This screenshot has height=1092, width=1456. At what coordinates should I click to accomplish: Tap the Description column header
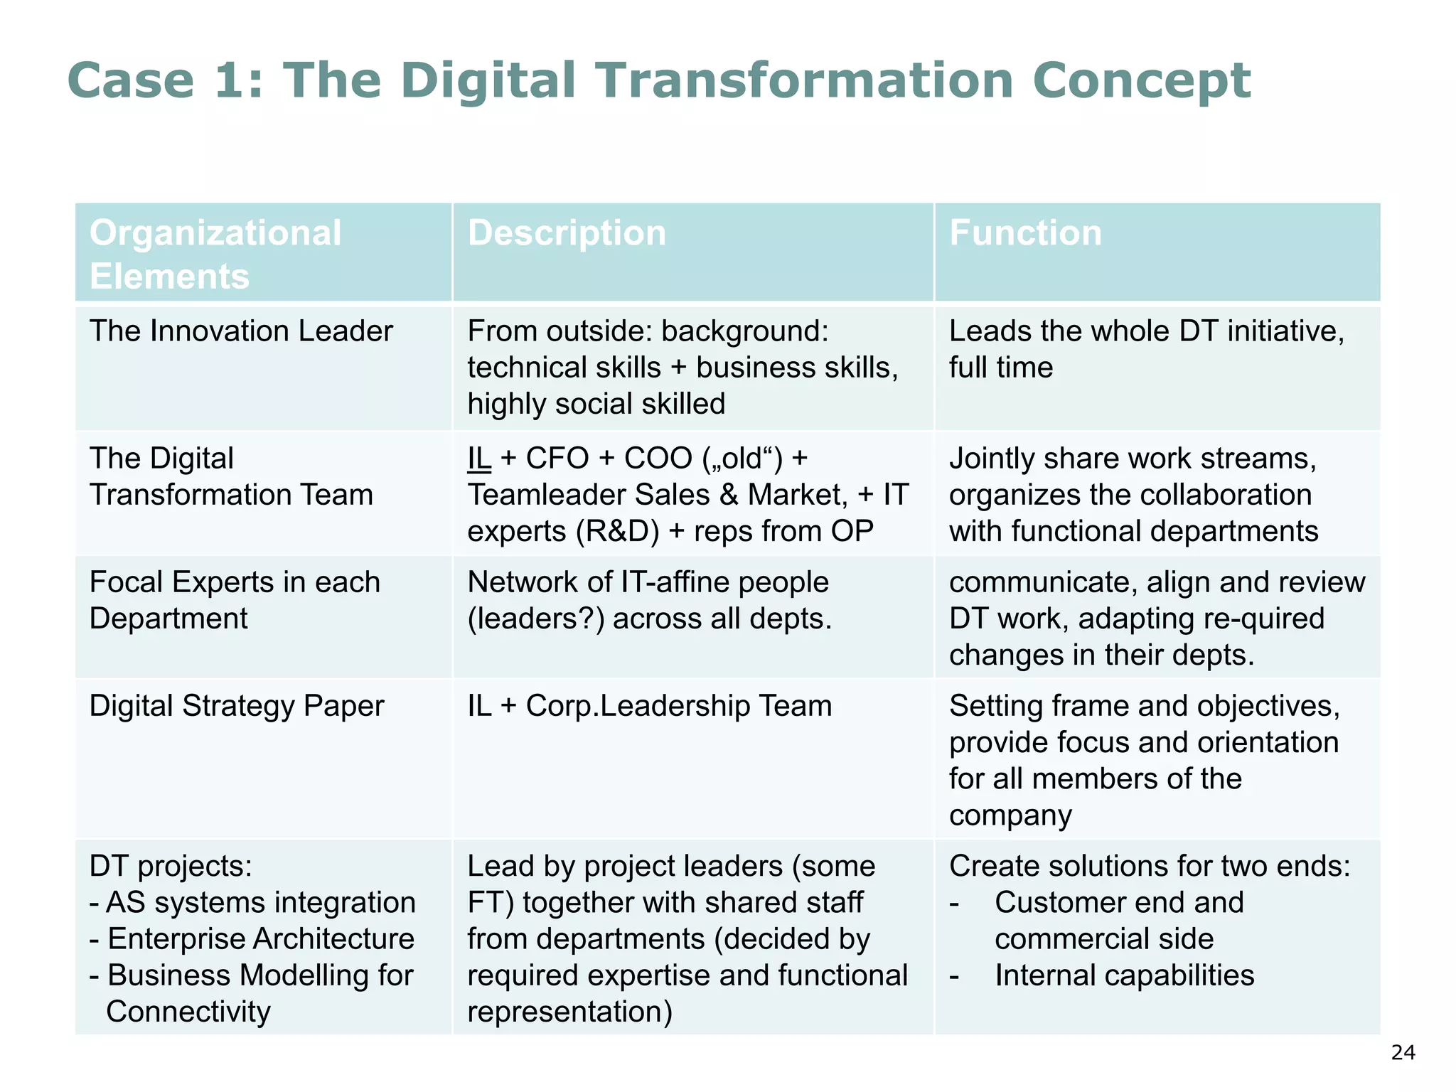click(x=567, y=233)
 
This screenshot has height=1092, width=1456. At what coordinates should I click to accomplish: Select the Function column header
click(x=1025, y=233)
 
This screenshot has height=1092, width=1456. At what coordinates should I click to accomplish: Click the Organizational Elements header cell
click(x=215, y=254)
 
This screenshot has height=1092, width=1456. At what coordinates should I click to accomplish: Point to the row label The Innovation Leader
click(x=241, y=331)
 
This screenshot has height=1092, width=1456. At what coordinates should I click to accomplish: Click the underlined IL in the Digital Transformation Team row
click(x=479, y=459)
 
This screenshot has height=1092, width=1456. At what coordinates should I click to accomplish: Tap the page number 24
click(x=1403, y=1053)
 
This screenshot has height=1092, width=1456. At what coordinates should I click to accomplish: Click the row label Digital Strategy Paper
click(x=237, y=706)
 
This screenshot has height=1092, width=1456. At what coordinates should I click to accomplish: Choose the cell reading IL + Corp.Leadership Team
click(x=649, y=706)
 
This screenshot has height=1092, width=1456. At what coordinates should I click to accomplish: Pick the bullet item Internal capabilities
click(x=1124, y=975)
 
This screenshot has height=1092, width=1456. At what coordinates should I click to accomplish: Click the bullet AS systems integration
click(x=260, y=903)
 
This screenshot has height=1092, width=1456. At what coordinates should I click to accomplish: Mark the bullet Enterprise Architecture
click(x=260, y=939)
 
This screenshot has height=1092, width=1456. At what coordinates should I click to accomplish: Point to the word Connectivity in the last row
click(x=188, y=1012)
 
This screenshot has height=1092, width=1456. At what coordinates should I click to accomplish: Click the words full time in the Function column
click(x=1001, y=368)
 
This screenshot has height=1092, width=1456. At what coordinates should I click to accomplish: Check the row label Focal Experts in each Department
click(x=235, y=600)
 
